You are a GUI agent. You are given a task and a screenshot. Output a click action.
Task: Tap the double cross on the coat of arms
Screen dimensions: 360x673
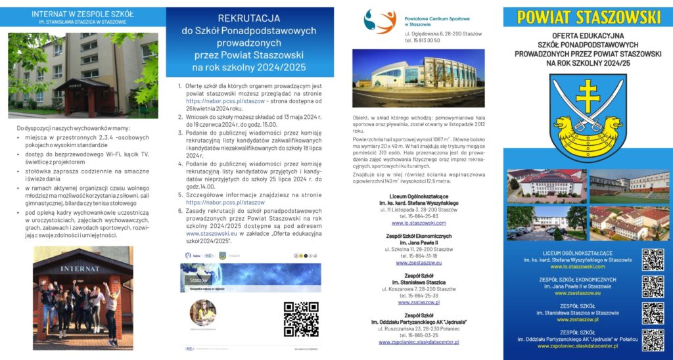(x=588, y=97)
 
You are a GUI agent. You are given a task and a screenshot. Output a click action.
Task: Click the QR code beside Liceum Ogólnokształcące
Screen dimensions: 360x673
(x=653, y=259)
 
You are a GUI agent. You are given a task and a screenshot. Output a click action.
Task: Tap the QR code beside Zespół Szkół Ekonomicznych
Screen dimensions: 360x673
(x=653, y=286)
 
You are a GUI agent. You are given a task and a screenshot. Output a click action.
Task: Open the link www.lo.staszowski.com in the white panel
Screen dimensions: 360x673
(x=419, y=223)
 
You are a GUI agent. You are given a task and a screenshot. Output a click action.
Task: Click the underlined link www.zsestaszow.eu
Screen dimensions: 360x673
(x=419, y=262)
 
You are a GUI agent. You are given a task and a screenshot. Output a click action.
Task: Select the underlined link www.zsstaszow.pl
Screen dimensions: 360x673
(x=419, y=302)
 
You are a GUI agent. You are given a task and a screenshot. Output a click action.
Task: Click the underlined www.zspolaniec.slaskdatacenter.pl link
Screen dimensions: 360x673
(x=419, y=342)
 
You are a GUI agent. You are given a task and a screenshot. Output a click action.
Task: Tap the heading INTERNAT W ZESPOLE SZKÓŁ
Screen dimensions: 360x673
(x=83, y=13)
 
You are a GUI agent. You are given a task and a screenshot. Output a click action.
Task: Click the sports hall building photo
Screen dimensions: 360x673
(x=418, y=78)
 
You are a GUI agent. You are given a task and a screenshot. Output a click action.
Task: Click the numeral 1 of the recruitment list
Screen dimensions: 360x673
(x=180, y=85)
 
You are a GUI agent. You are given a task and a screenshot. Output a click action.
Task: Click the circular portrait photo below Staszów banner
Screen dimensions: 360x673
(x=202, y=313)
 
